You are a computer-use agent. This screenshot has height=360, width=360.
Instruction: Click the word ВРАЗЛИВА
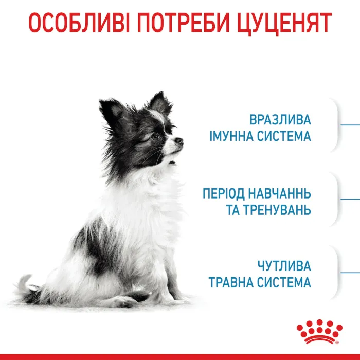pyautogui.click(x=280, y=120)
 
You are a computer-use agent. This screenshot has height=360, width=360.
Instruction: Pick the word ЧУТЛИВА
pyautogui.click(x=284, y=266)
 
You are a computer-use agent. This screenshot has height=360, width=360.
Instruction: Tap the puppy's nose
pyautogui.click(x=179, y=140)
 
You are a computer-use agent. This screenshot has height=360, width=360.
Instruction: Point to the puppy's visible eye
pyautogui.click(x=155, y=137)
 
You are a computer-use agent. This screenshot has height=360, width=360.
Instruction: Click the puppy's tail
pyautogui.click(x=23, y=286)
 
